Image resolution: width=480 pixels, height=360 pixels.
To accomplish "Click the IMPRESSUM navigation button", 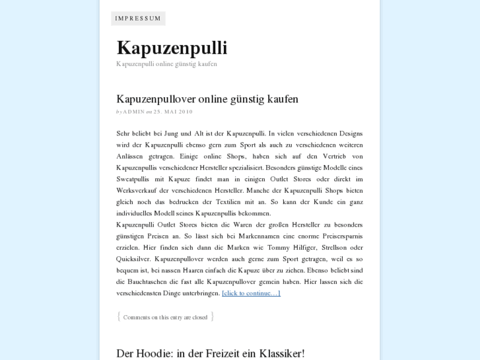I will coord(138,18).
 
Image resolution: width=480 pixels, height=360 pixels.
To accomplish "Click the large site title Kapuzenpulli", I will coord(172,48).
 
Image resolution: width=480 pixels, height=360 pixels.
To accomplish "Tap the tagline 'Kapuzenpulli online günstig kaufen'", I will coord(166,64).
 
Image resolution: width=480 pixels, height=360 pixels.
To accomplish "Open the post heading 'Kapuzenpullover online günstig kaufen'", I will coord(207,99).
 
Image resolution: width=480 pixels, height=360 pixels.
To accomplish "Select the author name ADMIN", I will coord(134,112).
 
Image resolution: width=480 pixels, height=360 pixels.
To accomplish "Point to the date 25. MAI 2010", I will coord(173,112).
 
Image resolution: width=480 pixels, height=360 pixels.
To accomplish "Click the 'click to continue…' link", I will coord(251,293).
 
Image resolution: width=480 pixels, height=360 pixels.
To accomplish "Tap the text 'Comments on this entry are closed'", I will coord(165,318).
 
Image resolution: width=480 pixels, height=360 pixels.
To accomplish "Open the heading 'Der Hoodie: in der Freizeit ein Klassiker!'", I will coord(210,353).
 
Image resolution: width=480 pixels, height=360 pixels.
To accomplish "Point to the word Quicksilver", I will coord(134,259).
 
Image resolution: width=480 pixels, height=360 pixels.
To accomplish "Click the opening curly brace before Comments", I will coord(119,317).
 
